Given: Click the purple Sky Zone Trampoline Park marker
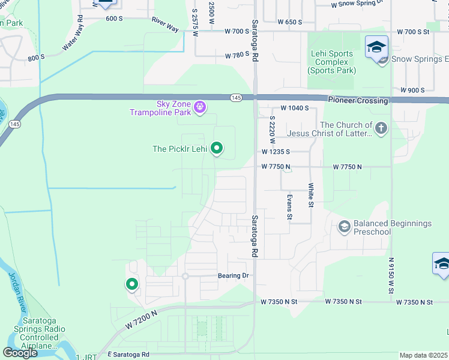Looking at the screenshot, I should tap(200, 108).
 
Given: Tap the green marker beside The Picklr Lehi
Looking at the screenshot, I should tap(218, 148).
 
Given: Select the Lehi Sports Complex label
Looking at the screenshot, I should tap(332, 62).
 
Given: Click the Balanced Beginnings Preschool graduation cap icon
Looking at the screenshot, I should tap(345, 226).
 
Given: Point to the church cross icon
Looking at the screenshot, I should tap(381, 128).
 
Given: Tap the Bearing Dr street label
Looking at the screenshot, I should tap(232, 275).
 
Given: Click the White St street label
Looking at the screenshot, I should tap(311, 195).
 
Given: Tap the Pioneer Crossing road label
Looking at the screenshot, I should tap(358, 101).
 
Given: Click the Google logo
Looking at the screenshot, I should tap(20, 353).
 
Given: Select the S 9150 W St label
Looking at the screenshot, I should tap(391, 275).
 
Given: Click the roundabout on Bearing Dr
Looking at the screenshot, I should tap(185, 276).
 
